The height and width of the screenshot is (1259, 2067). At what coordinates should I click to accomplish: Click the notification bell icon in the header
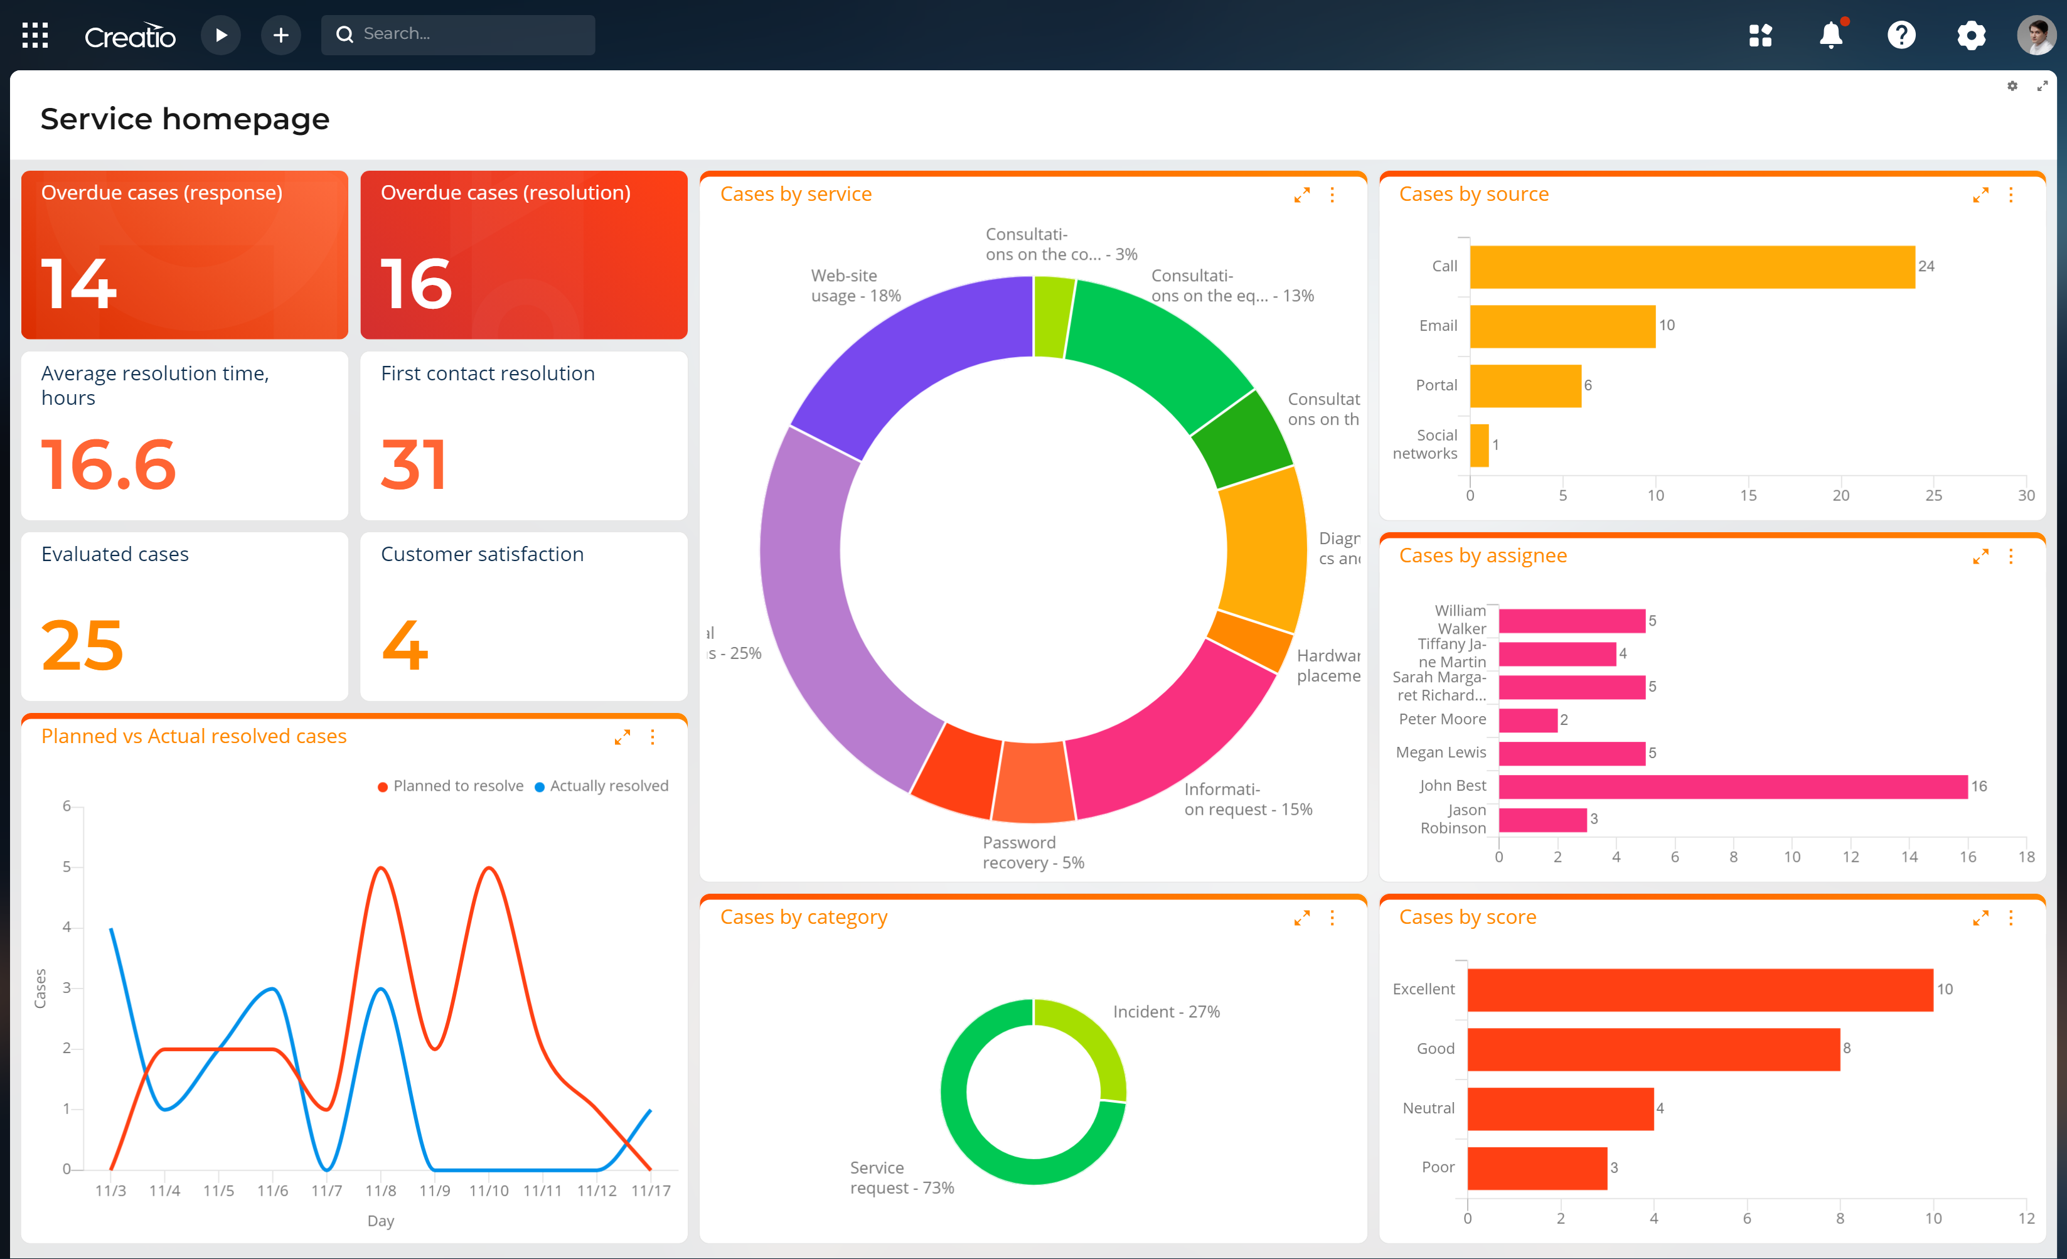pyautogui.click(x=1830, y=35)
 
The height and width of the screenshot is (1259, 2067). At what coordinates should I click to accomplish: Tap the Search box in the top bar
pyautogui.click(x=458, y=35)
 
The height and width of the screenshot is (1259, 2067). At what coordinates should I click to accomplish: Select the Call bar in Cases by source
pyautogui.click(x=1691, y=267)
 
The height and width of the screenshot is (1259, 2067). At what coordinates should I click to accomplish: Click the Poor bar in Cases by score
pyautogui.click(x=1536, y=1167)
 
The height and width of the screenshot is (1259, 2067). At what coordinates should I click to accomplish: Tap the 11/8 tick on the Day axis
pyautogui.click(x=380, y=1190)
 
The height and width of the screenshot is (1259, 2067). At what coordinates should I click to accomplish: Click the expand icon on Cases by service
pyautogui.click(x=1301, y=195)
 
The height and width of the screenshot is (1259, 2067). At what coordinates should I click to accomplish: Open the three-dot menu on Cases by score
pyautogui.click(x=2010, y=918)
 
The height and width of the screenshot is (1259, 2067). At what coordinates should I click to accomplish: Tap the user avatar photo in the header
pyautogui.click(x=2036, y=35)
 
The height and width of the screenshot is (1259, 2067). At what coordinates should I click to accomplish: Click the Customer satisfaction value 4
pyautogui.click(x=405, y=645)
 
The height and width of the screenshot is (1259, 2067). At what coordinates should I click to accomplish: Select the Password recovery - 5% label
pyautogui.click(x=1033, y=852)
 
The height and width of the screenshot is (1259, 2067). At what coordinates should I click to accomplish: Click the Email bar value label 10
pyautogui.click(x=1666, y=326)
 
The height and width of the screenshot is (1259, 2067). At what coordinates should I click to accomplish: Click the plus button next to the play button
pyautogui.click(x=281, y=35)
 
